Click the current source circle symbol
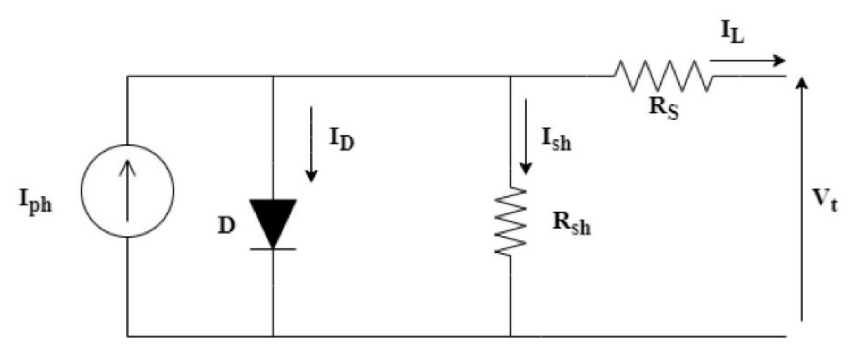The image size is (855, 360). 127,191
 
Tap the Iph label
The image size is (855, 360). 35,201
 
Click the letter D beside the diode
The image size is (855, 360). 227,226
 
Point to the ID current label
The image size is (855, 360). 341,139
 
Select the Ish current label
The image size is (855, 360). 556,139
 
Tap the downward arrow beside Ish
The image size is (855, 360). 526,137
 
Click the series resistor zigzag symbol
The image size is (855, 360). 663,76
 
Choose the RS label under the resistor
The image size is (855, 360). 664,108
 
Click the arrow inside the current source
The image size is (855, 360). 127,191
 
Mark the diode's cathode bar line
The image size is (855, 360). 273,249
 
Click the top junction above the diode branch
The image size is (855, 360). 273,76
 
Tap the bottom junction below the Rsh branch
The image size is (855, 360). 510,336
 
